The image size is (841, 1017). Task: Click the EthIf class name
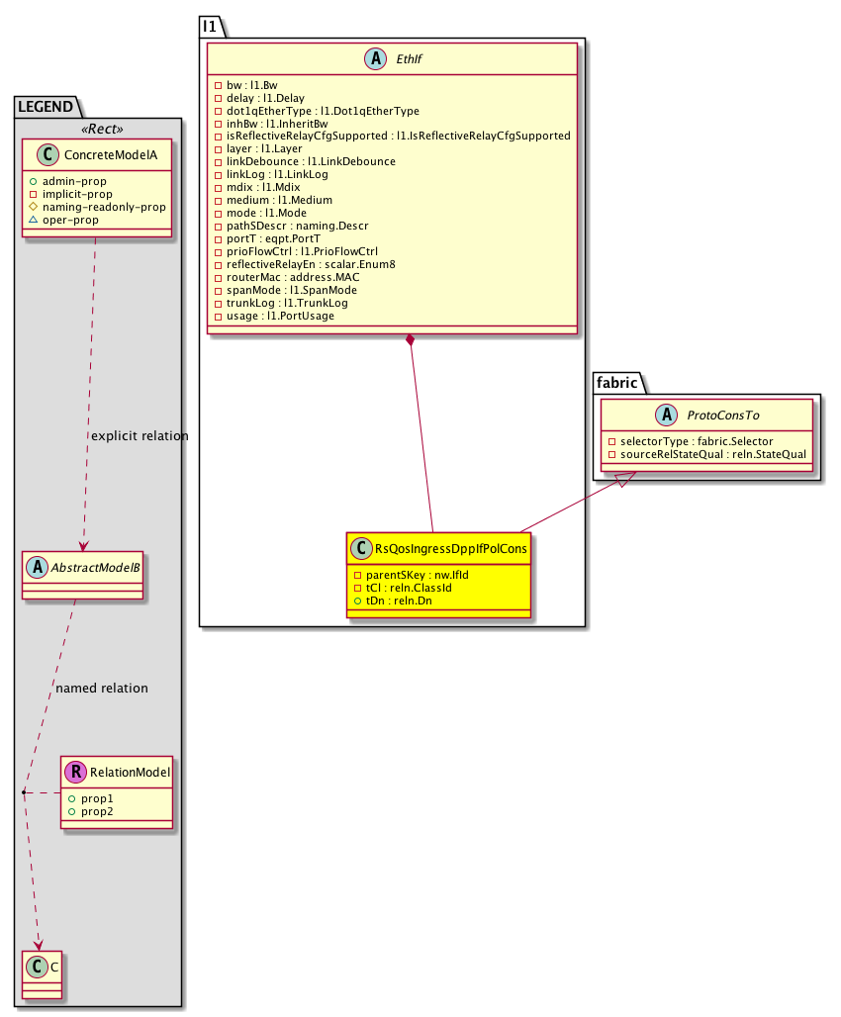(x=407, y=59)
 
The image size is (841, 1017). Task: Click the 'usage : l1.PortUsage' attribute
(x=280, y=316)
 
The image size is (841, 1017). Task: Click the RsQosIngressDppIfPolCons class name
(x=450, y=548)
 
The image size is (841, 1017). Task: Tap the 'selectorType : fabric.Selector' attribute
(x=690, y=440)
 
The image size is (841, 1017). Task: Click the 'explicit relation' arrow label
(x=140, y=435)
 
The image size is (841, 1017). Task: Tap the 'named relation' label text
(x=103, y=688)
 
